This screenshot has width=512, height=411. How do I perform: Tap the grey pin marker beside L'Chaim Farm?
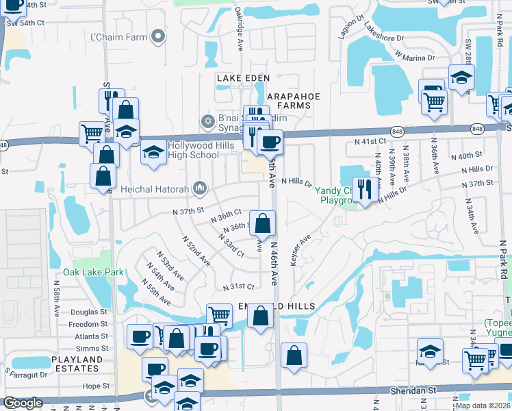click(159, 36)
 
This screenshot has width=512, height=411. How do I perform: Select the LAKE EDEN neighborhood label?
click(240, 79)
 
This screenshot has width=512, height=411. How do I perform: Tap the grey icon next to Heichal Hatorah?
click(200, 187)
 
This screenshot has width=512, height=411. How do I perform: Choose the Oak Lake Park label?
click(94, 272)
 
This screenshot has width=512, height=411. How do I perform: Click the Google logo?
click(23, 403)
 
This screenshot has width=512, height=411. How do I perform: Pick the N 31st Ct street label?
click(238, 286)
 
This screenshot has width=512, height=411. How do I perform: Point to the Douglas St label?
click(89, 312)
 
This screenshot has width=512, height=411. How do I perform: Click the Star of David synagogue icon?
click(208, 121)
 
